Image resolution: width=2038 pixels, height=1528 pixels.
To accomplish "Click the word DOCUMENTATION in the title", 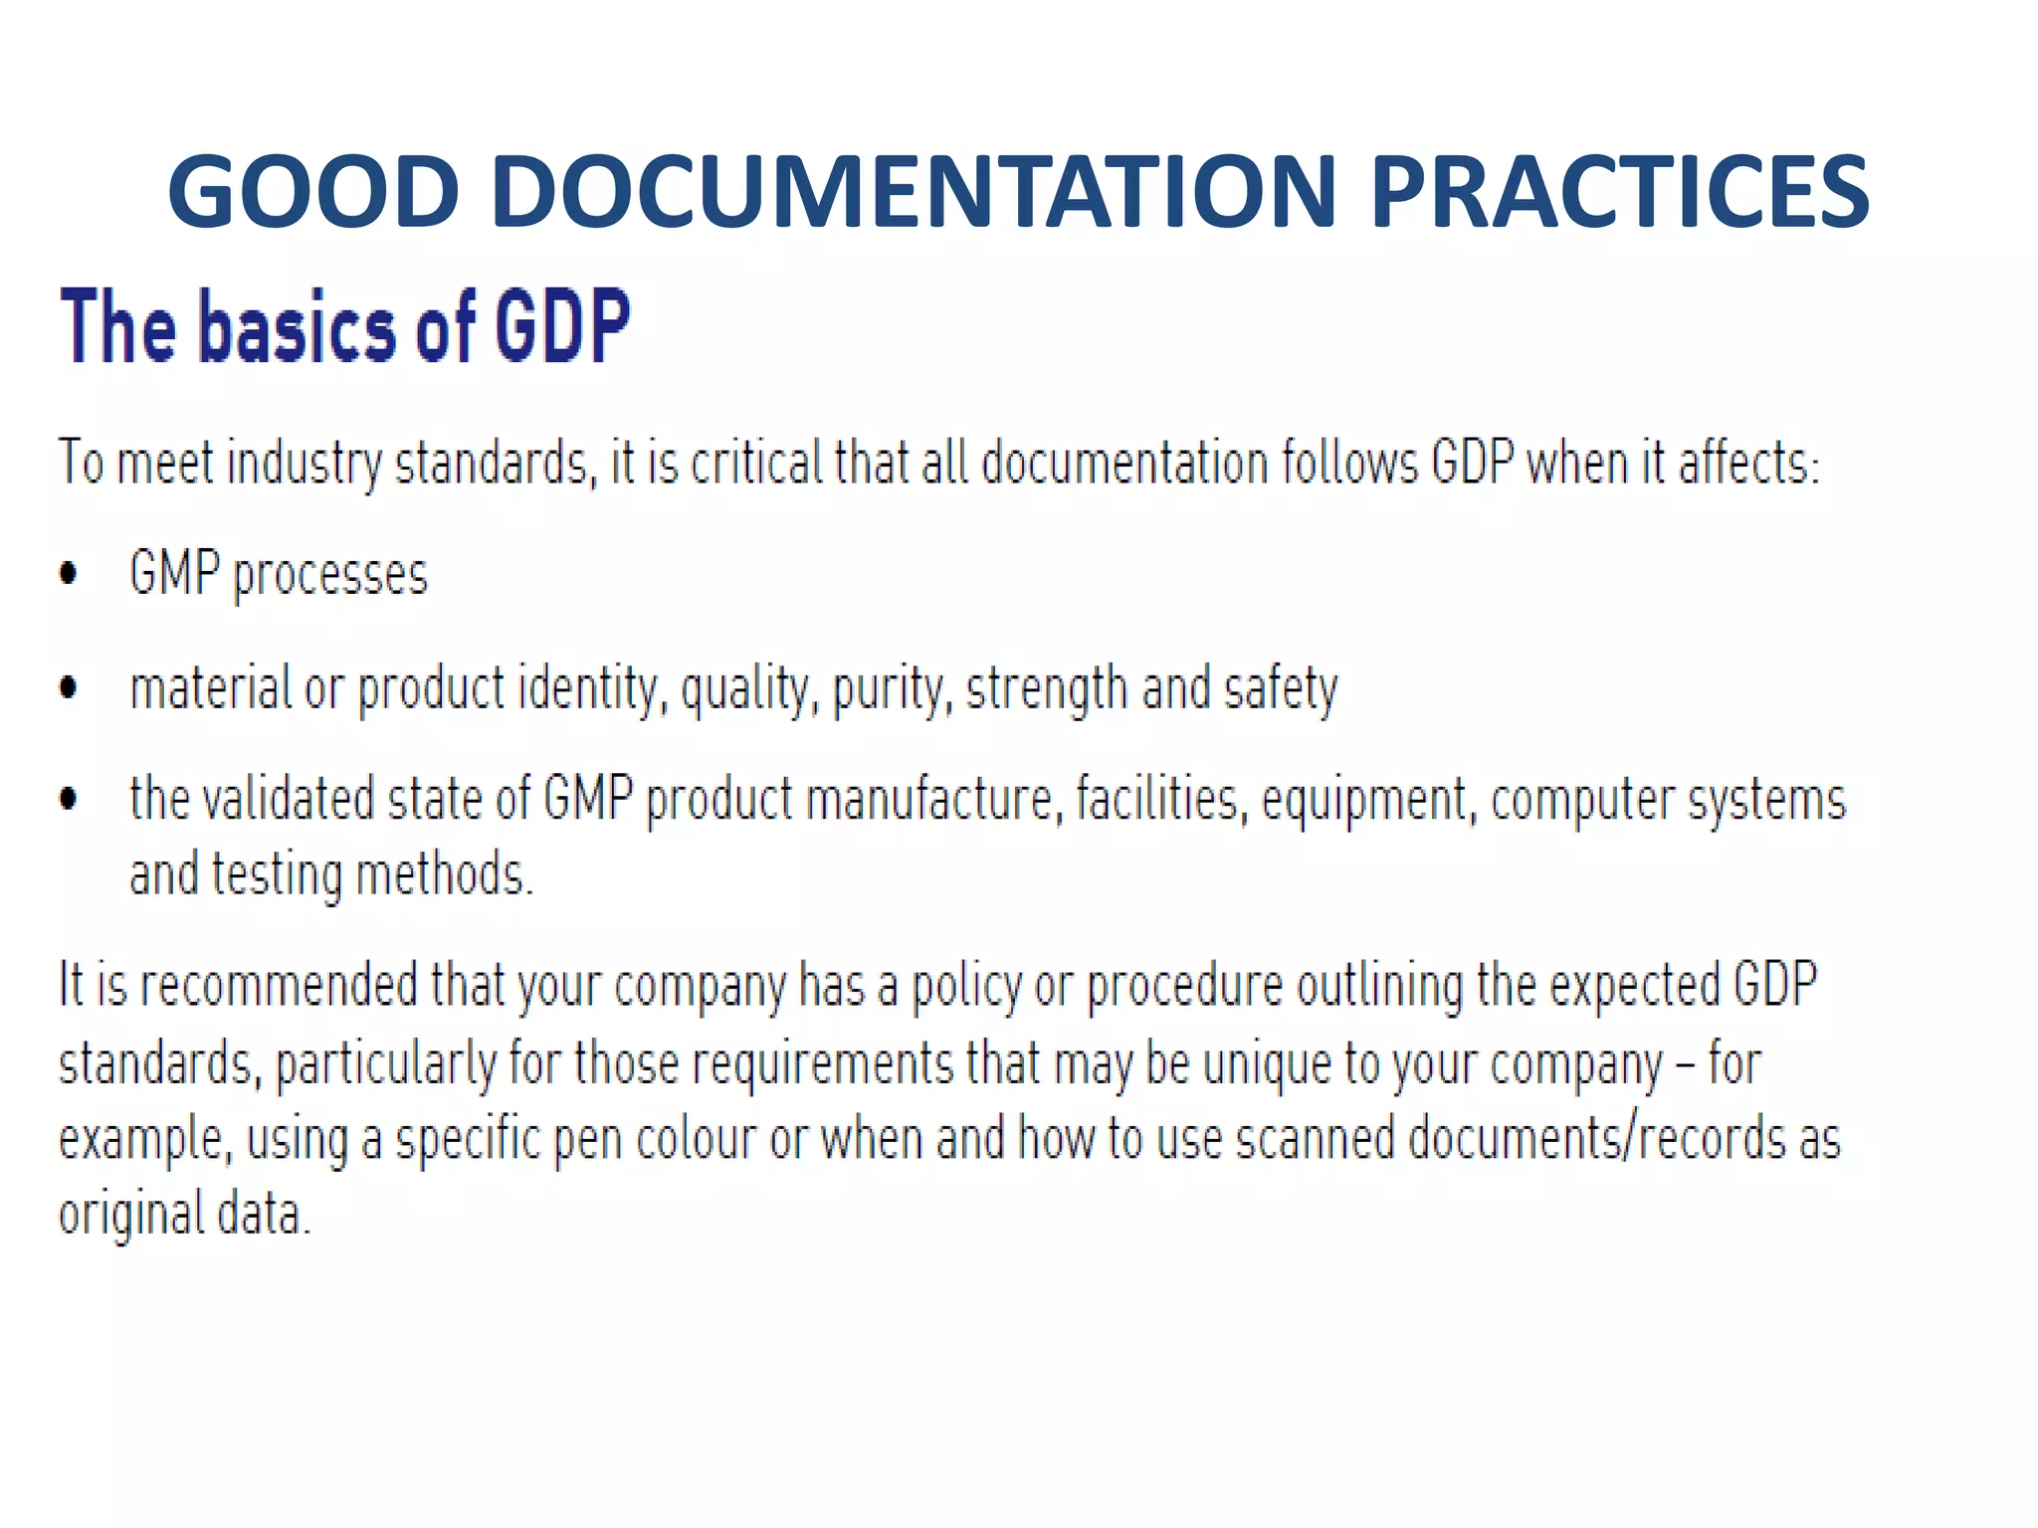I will (913, 191).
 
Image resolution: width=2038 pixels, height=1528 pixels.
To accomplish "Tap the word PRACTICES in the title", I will (1619, 191).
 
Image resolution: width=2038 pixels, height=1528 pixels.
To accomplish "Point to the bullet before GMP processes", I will (69, 574).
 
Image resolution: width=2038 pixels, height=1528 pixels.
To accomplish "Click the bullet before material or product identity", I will (69, 687).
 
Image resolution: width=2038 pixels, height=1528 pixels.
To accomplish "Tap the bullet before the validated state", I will (69, 799).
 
